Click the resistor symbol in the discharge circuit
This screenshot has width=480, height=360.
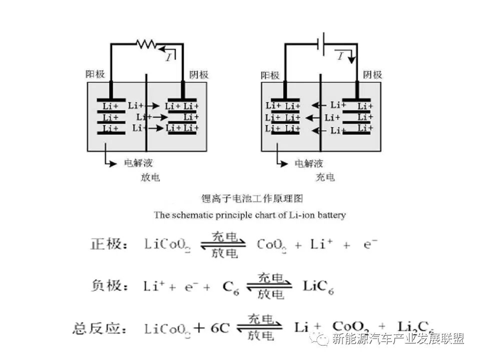(146, 44)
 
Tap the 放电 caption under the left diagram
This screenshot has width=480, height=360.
(150, 177)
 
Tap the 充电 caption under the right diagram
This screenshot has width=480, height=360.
(325, 177)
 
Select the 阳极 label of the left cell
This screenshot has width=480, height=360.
(95, 74)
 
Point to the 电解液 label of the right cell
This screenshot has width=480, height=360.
(308, 163)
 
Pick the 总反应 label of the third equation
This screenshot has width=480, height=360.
(99, 328)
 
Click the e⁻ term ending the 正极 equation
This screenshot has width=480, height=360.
(370, 244)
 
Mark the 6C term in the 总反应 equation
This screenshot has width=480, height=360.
(219, 328)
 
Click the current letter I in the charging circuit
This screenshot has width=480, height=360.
(340, 56)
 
